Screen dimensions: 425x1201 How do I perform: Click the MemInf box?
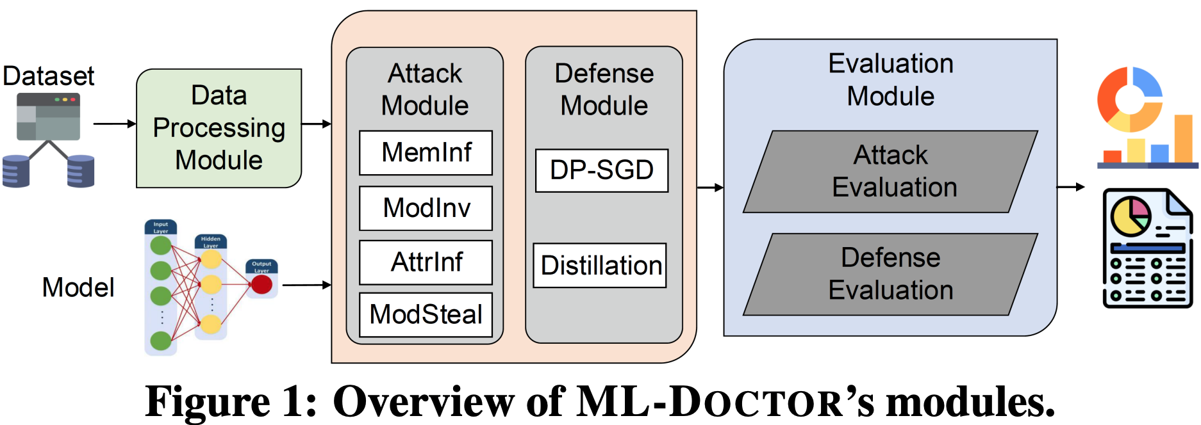426,153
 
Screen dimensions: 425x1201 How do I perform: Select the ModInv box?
426,208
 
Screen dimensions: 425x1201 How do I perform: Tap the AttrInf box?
426,262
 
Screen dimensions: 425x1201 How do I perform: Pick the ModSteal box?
426,314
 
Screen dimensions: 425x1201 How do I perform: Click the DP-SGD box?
601,170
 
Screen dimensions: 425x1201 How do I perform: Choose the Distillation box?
600,265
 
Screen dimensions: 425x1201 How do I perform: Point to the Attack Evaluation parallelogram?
890,172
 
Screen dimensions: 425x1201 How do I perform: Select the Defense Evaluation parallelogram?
890,274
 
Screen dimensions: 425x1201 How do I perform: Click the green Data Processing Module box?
219,128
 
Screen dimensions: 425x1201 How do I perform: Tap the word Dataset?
49,76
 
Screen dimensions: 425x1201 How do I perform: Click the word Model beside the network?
78,287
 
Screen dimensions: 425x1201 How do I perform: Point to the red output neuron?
261,284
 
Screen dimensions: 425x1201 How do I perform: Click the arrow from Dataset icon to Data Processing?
115,124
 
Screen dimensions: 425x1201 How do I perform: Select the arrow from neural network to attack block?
306,285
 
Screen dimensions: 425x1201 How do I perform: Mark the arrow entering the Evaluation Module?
710,188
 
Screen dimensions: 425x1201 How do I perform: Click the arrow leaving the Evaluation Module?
1070,187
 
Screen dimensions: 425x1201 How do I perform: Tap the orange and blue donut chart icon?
1129,99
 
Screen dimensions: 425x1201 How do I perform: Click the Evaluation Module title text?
890,80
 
